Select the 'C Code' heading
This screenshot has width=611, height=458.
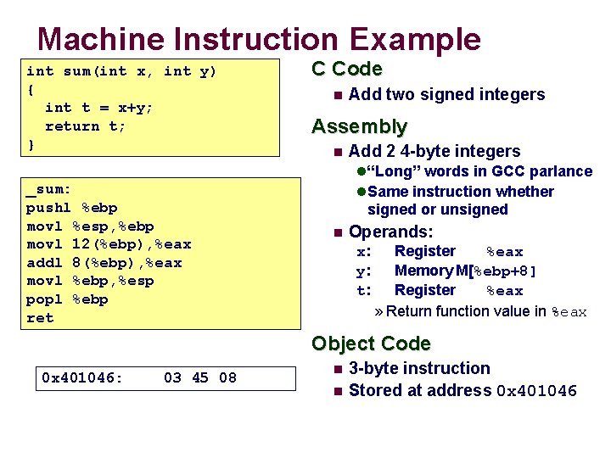pyautogui.click(x=346, y=70)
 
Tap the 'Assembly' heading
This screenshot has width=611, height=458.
pyautogui.click(x=359, y=127)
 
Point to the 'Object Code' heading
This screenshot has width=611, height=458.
pyautogui.click(x=371, y=343)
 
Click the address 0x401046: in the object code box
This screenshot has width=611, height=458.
pyautogui.click(x=82, y=377)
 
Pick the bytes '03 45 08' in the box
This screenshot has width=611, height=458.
pyautogui.click(x=200, y=377)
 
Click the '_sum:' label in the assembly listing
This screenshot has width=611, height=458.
pyautogui.click(x=48, y=189)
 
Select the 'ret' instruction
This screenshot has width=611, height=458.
pyautogui.click(x=40, y=318)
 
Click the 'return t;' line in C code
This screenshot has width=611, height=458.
pyautogui.click(x=85, y=126)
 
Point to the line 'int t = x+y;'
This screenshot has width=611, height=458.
pyautogui.click(x=98, y=108)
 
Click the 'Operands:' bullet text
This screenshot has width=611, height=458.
pyautogui.click(x=390, y=232)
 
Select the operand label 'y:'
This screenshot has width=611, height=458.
pyautogui.click(x=364, y=271)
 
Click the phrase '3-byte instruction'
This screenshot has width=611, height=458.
pyautogui.click(x=419, y=369)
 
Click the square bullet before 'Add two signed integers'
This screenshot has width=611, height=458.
pyautogui.click(x=337, y=95)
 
